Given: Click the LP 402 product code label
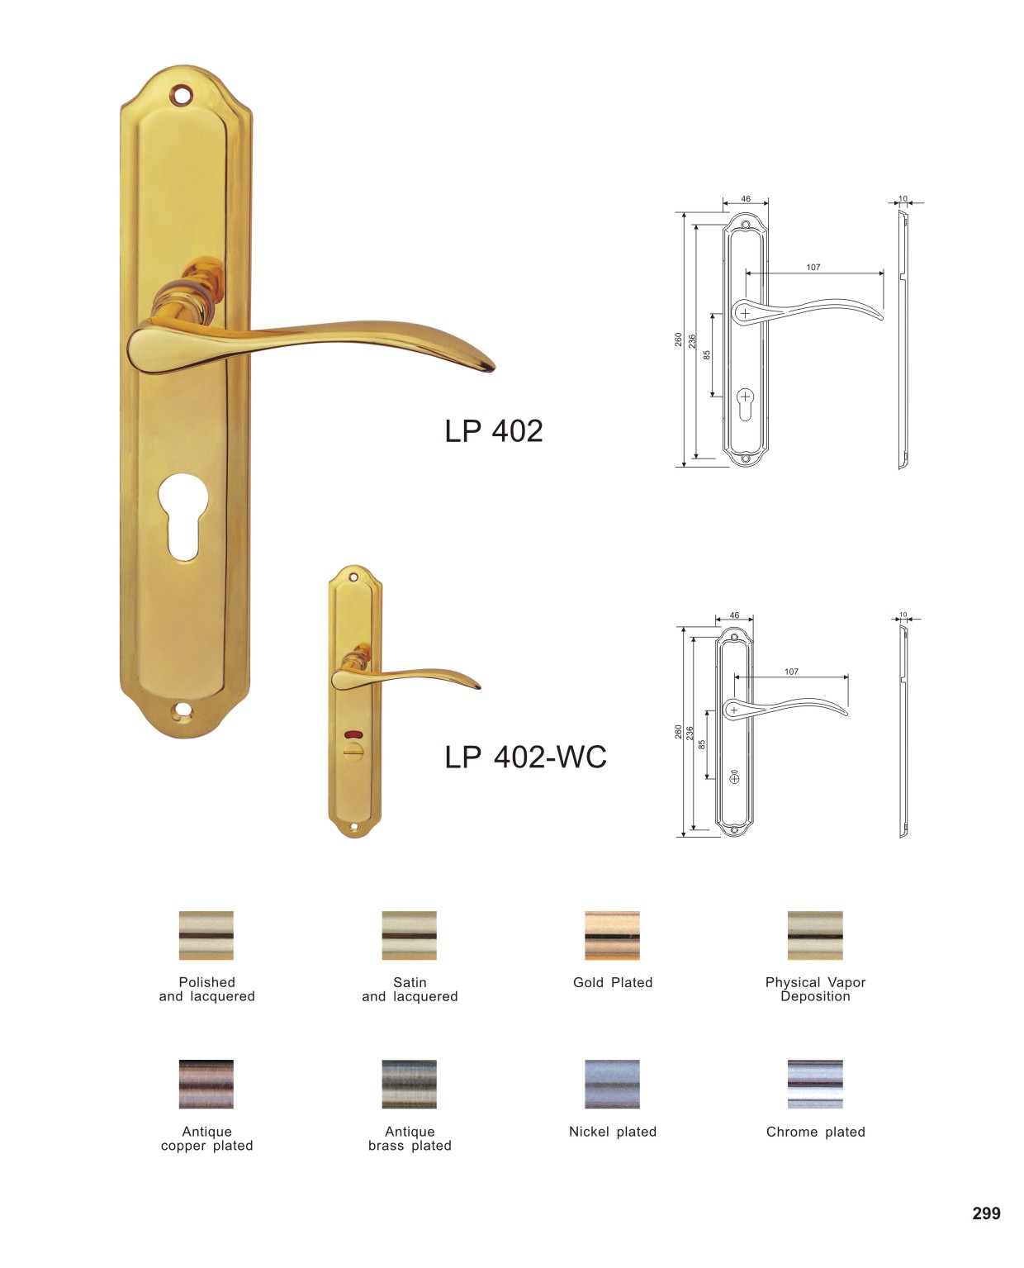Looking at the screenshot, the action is pos(493,430).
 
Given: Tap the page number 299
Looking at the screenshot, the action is pos(986,1213).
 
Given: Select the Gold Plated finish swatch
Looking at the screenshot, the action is pos(612,934).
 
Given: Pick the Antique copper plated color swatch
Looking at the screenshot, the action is pos(206,1084).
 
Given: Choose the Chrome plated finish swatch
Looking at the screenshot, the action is pos(814,1084).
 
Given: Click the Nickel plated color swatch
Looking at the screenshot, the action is pos(612,1084).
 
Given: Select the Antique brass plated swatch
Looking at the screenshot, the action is pos(409,1084).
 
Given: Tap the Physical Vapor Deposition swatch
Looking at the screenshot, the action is pos(814,934).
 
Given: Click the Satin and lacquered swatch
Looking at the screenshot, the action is pos(409,934).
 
